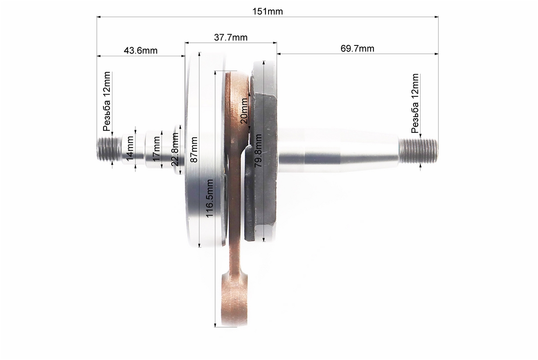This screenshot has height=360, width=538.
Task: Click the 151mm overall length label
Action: (268, 11)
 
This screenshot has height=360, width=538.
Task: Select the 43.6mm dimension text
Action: (141, 50)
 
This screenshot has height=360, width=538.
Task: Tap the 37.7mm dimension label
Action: (231, 37)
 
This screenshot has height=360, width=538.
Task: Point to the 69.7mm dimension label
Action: (357, 49)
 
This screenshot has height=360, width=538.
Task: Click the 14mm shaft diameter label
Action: (130, 148)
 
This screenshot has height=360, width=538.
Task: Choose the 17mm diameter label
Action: (157, 149)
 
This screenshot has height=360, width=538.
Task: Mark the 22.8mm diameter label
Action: (175, 150)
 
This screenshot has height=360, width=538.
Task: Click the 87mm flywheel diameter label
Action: (194, 150)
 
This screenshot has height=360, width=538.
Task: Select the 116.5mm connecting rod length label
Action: (210, 198)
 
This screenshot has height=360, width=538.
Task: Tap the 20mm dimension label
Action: (244, 111)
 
